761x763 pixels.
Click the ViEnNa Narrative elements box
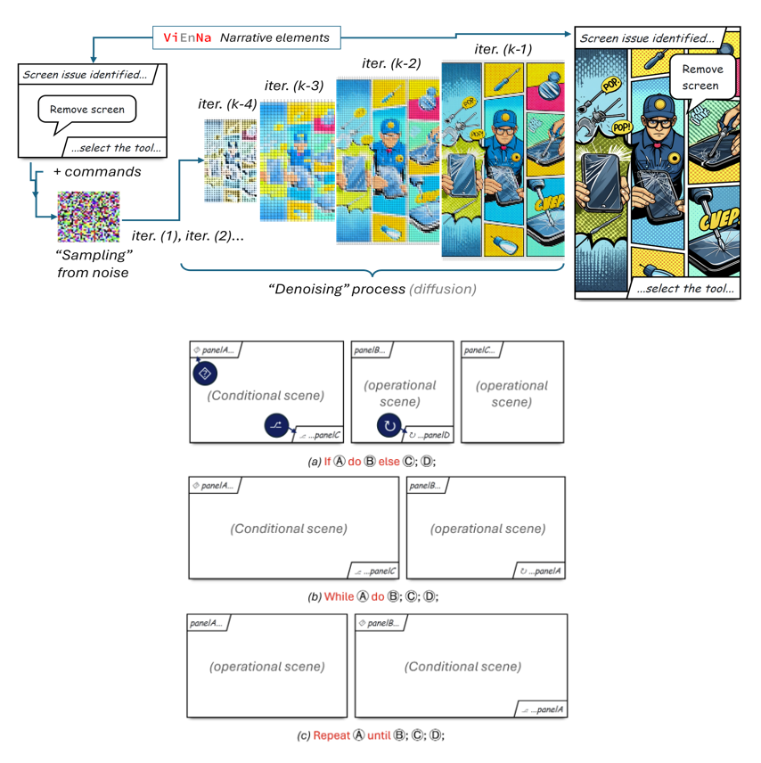pos(245,37)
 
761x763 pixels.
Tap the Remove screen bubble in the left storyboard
pos(86,111)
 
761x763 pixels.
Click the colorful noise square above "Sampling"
pos(88,217)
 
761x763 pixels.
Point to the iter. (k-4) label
pos(227,104)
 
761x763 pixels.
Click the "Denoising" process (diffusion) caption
pos(372,288)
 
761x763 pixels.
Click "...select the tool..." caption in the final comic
pos(682,288)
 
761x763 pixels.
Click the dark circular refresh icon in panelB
pos(389,425)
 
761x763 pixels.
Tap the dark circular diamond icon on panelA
pos(205,372)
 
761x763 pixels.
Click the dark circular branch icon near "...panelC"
pos(277,427)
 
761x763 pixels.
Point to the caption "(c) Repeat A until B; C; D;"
pos(379,735)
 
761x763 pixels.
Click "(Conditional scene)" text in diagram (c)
pos(462,667)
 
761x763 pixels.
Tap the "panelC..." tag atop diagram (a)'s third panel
pos(481,350)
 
